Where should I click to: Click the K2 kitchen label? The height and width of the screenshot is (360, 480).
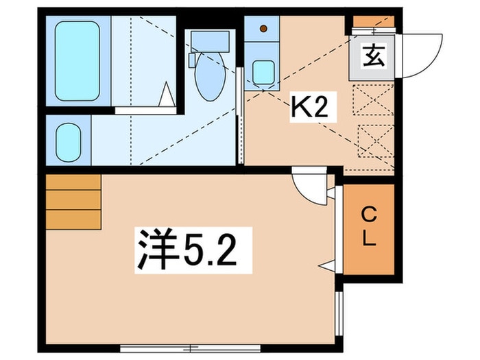pos(308,107)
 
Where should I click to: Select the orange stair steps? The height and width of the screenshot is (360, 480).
pos(73,202)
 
